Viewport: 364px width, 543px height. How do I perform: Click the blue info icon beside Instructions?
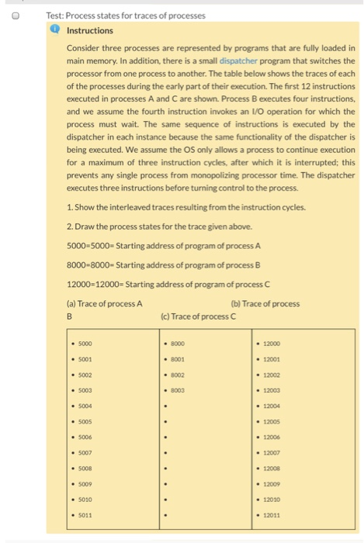tap(56, 30)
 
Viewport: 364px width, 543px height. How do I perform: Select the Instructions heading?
tap(90, 30)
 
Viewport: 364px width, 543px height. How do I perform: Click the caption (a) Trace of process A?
tap(105, 303)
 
